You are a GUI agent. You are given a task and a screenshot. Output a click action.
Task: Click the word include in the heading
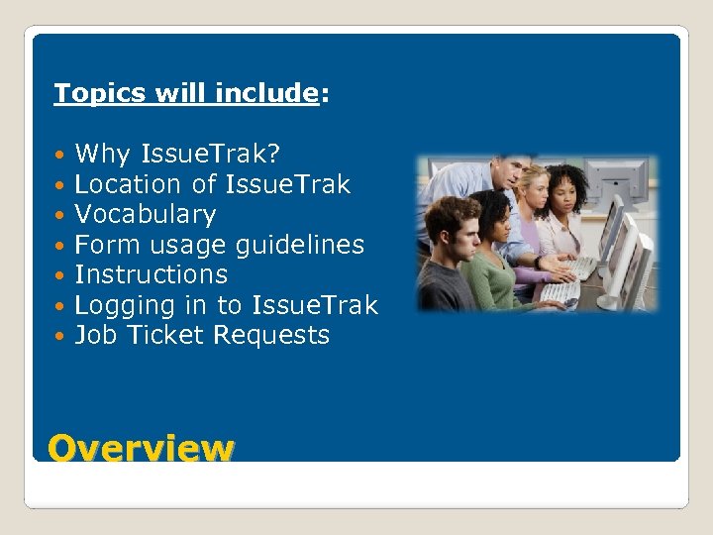(267, 94)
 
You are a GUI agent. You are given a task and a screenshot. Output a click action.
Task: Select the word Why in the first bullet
(105, 155)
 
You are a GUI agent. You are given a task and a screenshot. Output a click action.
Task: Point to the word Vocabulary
(145, 215)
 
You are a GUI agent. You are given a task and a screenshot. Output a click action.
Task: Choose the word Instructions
(151, 274)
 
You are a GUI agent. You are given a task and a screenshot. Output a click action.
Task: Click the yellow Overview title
(140, 448)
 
